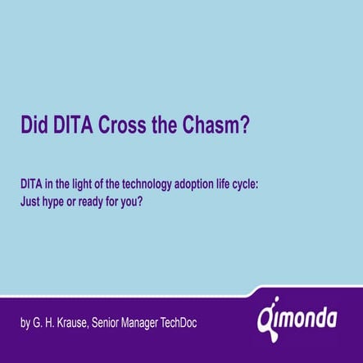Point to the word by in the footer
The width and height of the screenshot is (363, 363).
pos(25,323)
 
